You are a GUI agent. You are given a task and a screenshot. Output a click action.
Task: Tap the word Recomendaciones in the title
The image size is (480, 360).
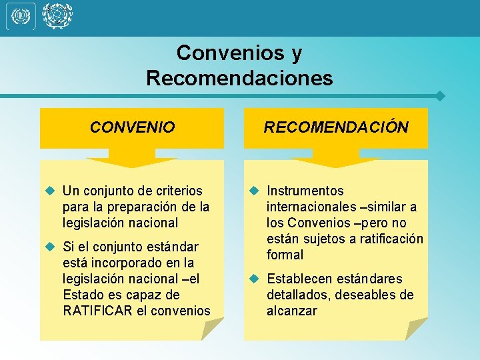[239, 78]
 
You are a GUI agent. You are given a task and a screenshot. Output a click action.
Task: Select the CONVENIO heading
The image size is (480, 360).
[132, 127]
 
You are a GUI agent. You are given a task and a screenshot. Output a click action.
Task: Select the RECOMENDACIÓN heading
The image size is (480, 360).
[336, 127]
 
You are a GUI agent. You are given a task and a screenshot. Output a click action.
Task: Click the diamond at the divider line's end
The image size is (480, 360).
[439, 95]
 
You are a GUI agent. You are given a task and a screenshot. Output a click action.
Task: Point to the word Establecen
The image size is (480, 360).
[298, 279]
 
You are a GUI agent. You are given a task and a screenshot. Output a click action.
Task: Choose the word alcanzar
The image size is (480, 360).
[292, 311]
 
